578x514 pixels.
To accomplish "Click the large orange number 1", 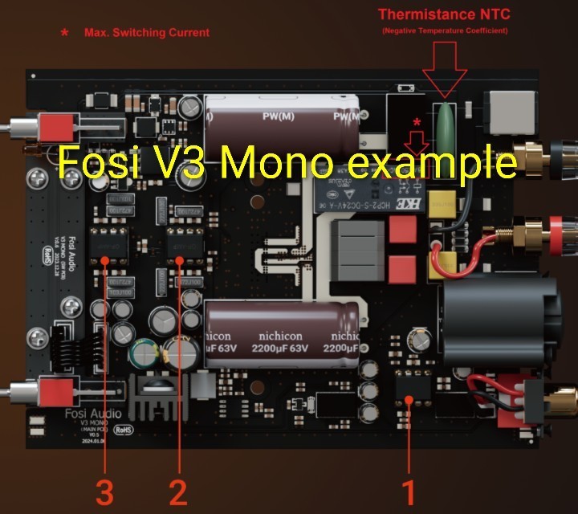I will [409, 488].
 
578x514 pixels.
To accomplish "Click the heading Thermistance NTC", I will [444, 14].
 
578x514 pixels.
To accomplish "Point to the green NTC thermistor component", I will [444, 128].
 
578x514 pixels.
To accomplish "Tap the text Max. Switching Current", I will [146, 33].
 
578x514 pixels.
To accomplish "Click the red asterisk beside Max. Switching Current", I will [65, 34].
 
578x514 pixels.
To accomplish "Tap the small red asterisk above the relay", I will [416, 123].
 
